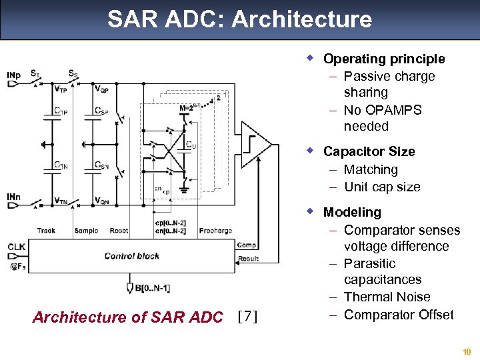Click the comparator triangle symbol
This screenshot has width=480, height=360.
click(253, 145)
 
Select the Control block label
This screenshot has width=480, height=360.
click(132, 255)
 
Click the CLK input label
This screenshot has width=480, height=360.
click(16, 247)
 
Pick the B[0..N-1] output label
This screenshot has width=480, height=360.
click(153, 287)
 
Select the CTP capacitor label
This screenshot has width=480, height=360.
click(61, 111)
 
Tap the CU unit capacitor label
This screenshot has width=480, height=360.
click(191, 144)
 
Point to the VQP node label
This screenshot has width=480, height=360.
click(102, 89)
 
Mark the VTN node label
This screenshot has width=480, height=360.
click(62, 200)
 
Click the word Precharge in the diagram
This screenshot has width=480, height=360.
click(215, 231)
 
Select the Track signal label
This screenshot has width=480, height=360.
click(46, 231)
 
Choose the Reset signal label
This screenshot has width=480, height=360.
click(119, 231)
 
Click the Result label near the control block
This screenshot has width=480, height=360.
click(248, 258)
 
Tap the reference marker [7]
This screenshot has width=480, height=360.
click(247, 316)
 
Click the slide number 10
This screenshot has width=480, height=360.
click(466, 351)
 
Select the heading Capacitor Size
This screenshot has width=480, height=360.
click(369, 151)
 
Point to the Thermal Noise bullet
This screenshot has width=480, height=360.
click(387, 297)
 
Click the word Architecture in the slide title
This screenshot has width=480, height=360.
click(301, 19)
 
